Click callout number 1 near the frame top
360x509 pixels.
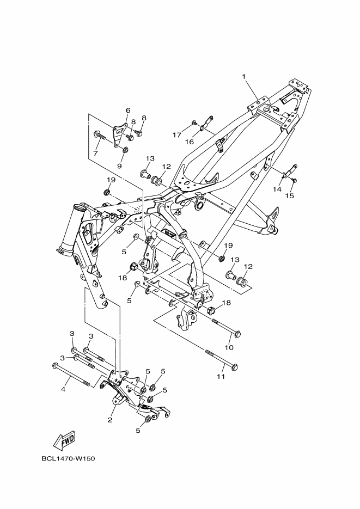pyautogui.click(x=245, y=77)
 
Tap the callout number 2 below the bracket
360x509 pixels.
pyautogui.click(x=110, y=420)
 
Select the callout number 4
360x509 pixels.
pyautogui.click(x=63, y=389)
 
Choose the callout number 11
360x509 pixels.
pyautogui.click(x=221, y=376)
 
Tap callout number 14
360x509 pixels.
pyautogui.click(x=277, y=189)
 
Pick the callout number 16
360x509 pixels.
pyautogui.click(x=190, y=142)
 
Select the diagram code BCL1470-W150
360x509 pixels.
pyautogui.click(x=68, y=458)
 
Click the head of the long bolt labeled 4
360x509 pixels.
pyautogui.click(x=54, y=366)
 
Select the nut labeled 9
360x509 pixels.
pyautogui.click(x=125, y=151)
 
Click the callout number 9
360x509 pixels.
pyautogui.click(x=120, y=166)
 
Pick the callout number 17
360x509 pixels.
pyautogui.click(x=177, y=134)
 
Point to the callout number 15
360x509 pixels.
pyautogui.click(x=290, y=195)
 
